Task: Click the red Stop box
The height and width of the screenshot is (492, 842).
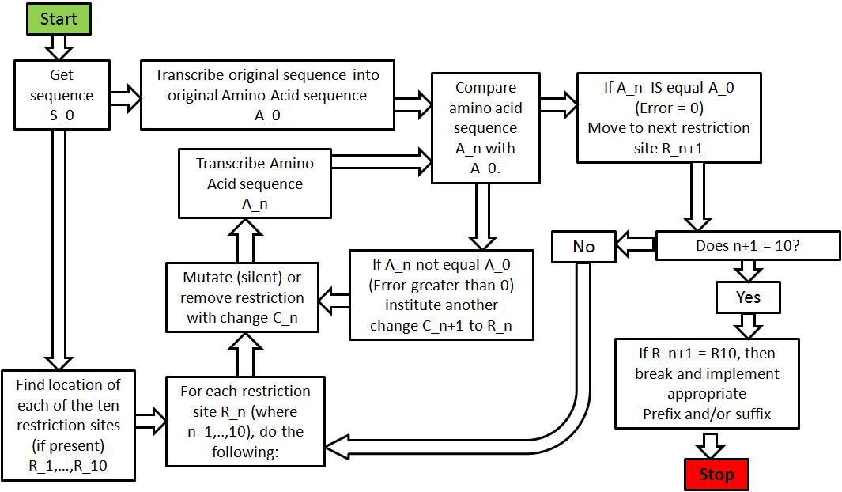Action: tap(716, 475)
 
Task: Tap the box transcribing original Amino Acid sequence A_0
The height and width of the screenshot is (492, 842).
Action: tap(267, 96)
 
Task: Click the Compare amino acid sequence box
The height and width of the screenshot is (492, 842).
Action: tap(485, 128)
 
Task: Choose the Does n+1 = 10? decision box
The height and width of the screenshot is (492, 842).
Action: tap(747, 246)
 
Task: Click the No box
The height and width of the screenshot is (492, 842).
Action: tap(583, 247)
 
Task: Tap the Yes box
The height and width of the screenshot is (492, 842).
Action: tap(748, 297)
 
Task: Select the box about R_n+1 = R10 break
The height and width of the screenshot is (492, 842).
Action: tap(707, 383)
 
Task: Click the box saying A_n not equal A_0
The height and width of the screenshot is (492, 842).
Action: tap(441, 294)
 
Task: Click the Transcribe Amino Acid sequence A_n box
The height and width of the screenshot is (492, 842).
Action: tap(255, 184)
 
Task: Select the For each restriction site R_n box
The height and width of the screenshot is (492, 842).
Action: tap(245, 422)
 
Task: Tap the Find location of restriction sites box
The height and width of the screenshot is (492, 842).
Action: tap(68, 426)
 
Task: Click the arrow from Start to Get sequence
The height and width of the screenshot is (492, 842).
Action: tap(59, 47)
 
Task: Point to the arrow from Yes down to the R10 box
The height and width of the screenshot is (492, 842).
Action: tap(748, 325)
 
